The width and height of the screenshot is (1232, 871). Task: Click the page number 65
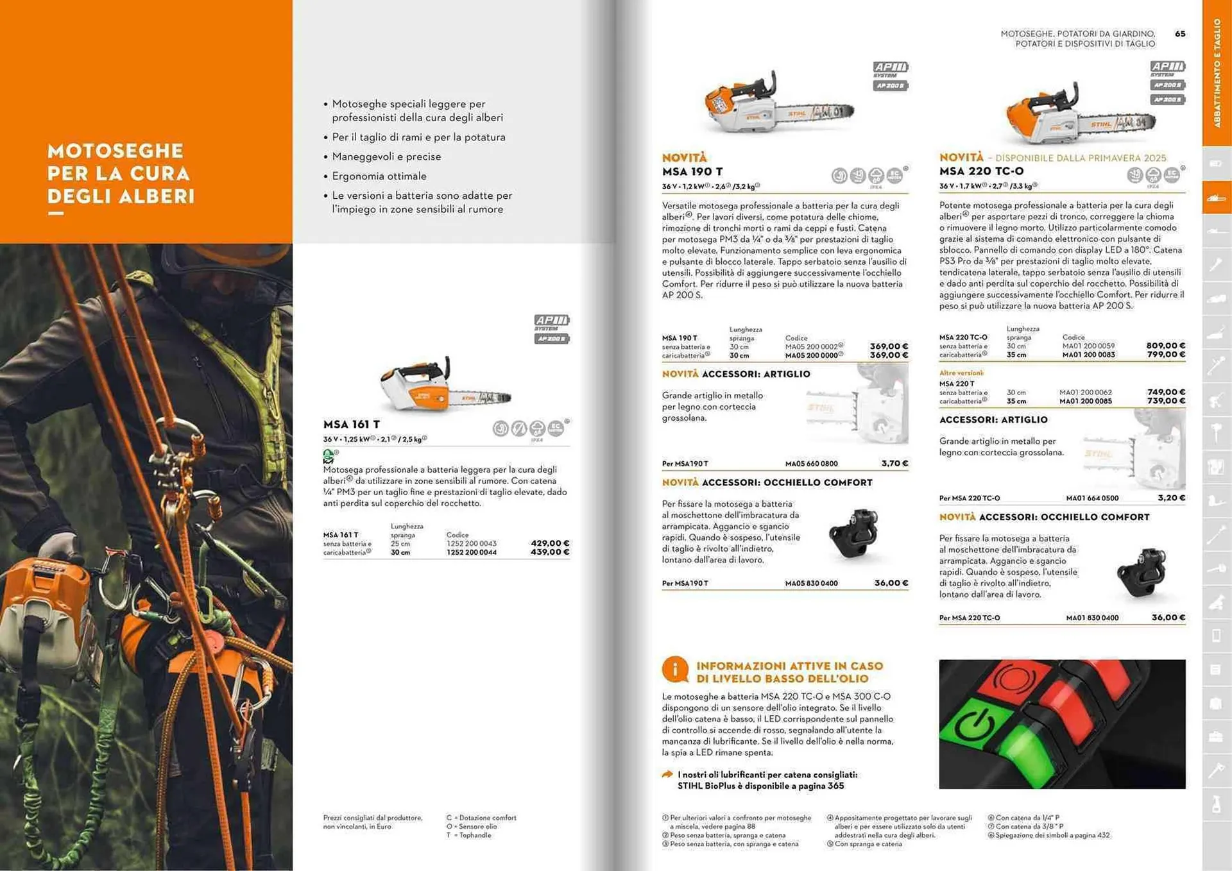(1179, 34)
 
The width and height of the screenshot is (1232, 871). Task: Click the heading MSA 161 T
(351, 425)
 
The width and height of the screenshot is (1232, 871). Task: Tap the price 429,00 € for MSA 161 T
(549, 543)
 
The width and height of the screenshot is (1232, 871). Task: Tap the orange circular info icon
(674, 670)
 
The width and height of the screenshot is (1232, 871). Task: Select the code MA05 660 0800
(811, 464)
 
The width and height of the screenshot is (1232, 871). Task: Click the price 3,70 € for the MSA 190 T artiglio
(894, 463)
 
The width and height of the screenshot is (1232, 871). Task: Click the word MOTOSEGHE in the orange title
(116, 151)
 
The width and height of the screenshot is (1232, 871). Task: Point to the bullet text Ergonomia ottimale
(379, 176)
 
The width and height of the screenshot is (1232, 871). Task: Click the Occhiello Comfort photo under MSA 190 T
(853, 532)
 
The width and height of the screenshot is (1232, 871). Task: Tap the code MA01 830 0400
(1092, 618)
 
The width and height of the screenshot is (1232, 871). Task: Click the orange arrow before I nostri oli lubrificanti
(667, 775)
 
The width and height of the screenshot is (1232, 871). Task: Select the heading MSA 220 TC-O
(981, 171)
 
